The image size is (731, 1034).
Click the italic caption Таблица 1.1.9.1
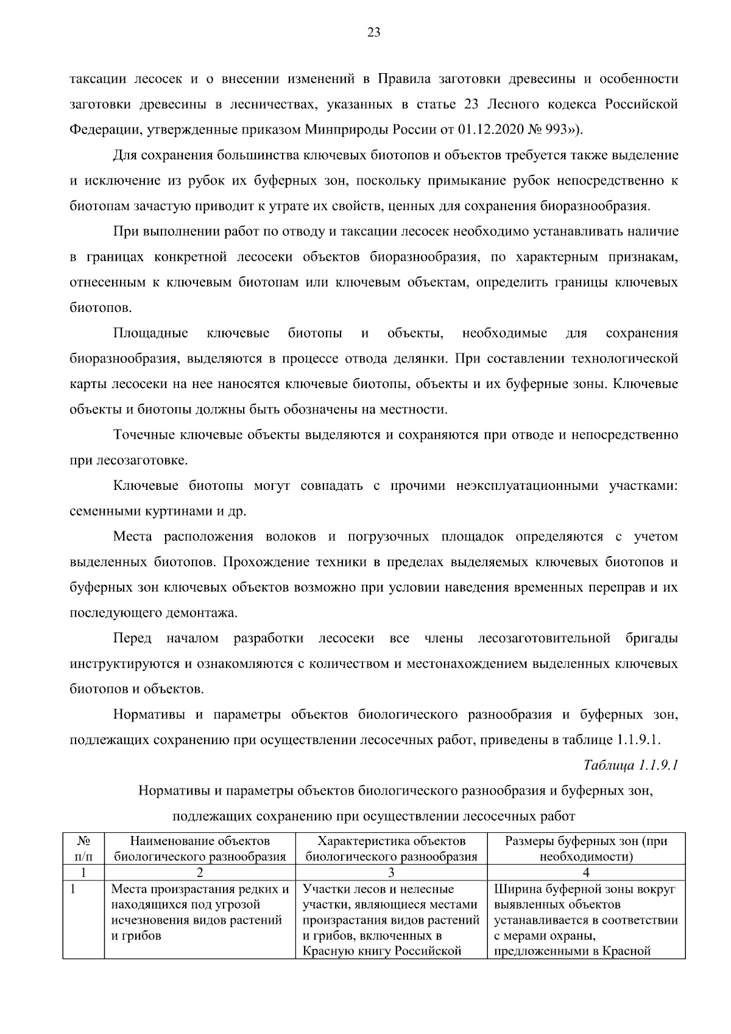[x=630, y=765]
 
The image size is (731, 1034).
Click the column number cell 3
[x=391, y=873]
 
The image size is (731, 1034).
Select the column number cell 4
[x=586, y=873]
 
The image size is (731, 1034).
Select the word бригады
[x=651, y=638]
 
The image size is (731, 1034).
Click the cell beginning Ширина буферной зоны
[x=586, y=920]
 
